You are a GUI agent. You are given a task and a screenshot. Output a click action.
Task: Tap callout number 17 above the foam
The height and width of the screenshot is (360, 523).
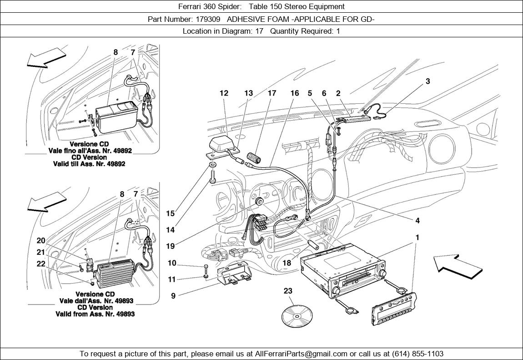[272, 93]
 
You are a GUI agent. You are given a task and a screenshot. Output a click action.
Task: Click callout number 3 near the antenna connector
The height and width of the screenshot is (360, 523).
[428, 81]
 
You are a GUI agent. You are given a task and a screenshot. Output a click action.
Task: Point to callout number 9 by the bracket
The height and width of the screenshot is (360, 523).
[173, 296]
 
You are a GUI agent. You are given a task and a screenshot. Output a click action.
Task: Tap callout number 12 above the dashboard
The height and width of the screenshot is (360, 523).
[224, 93]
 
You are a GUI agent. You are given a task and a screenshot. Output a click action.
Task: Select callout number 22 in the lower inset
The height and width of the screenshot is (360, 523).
[41, 264]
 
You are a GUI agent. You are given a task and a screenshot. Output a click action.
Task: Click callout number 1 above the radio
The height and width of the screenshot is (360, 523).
[417, 238]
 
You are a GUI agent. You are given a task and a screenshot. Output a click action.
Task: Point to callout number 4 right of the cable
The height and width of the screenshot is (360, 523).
[417, 221]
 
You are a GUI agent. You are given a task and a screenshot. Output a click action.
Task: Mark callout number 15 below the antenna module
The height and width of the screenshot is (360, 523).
[170, 213]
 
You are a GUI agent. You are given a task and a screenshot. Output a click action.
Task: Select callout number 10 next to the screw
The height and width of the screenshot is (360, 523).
[172, 263]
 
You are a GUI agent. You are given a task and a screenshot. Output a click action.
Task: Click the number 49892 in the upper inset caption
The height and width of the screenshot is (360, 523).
[113, 150]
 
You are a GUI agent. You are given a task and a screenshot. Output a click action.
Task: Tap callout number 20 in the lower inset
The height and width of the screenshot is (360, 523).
[41, 241]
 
